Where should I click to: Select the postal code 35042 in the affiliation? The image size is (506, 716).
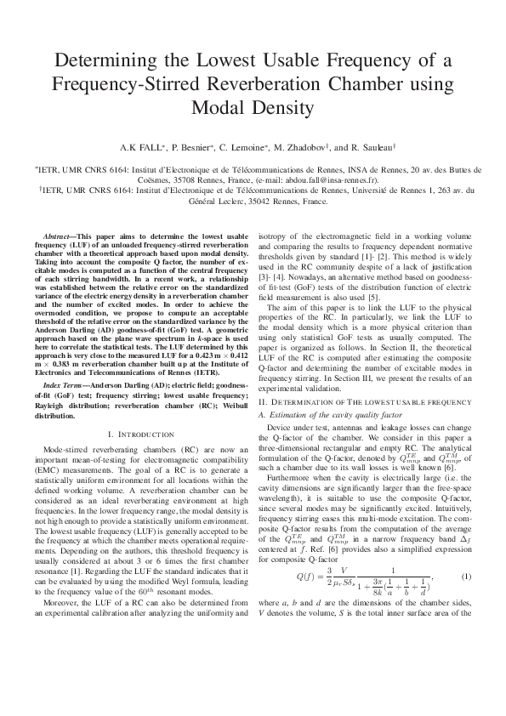click(x=251, y=202)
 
